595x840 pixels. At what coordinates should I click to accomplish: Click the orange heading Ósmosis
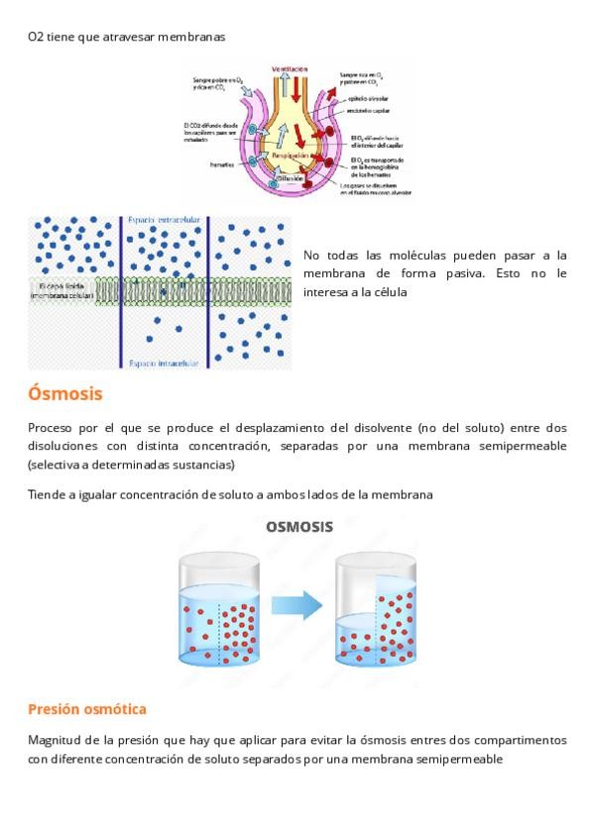tap(65, 394)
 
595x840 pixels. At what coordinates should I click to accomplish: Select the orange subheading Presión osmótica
tap(87, 709)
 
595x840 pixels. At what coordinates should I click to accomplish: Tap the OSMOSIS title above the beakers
tap(298, 527)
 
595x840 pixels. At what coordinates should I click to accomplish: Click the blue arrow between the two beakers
tap(297, 603)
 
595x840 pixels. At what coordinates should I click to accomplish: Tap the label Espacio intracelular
tap(164, 365)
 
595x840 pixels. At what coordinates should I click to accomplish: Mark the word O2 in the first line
tap(35, 37)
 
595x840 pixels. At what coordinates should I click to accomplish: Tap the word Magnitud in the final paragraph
tap(54, 740)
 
